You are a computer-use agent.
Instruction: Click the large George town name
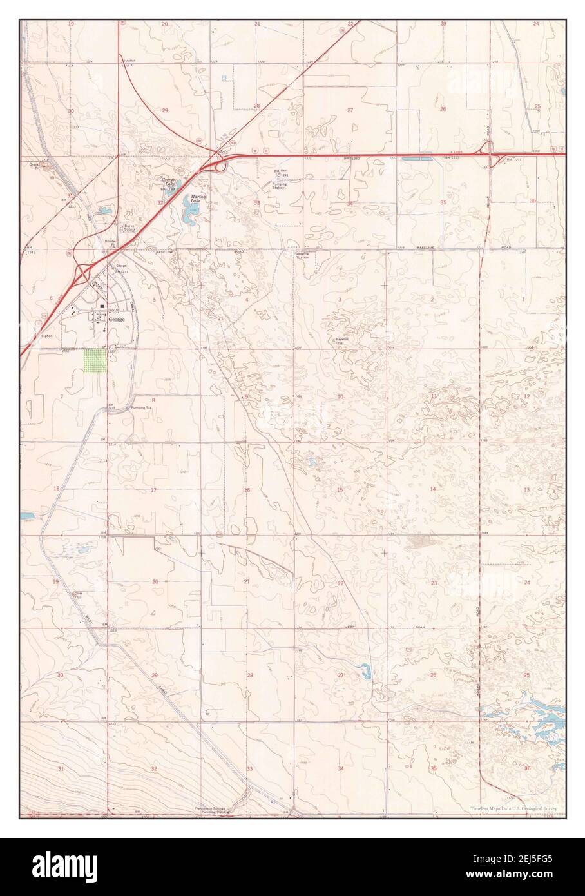pyautogui.click(x=117, y=319)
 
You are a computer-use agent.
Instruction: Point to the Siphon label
pyautogui.click(x=48, y=336)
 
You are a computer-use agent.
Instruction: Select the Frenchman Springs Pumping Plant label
pyautogui.click(x=213, y=810)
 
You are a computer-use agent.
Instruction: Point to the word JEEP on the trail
pyautogui.click(x=356, y=625)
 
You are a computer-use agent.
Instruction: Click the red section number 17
pyautogui.click(x=153, y=491)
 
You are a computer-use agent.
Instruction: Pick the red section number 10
pyautogui.click(x=340, y=396)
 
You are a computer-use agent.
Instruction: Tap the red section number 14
pyautogui.click(x=433, y=491)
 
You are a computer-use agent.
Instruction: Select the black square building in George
pyautogui.click(x=102, y=307)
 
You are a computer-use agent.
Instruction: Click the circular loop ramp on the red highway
pyautogui.click(x=221, y=167)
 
